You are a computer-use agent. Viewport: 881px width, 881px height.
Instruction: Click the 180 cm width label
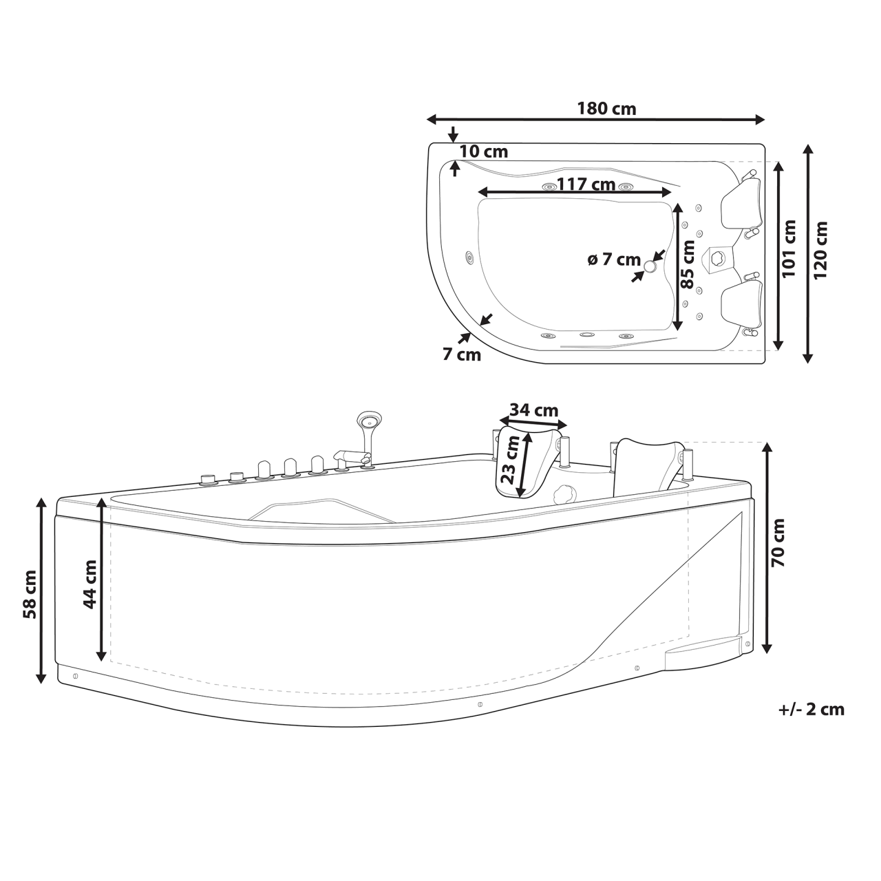tap(606, 109)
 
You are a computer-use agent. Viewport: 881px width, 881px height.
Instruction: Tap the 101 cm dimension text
tap(789, 248)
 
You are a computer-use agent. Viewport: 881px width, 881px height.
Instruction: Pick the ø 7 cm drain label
tap(614, 259)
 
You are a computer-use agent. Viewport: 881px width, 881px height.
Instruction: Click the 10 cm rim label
tap(483, 151)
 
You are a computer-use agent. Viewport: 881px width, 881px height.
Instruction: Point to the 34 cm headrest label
tap(533, 410)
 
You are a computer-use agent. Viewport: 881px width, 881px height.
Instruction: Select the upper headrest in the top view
tap(742, 205)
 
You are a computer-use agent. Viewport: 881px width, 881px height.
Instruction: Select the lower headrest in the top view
tap(743, 304)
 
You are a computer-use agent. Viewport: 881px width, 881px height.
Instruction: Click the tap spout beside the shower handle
tap(348, 455)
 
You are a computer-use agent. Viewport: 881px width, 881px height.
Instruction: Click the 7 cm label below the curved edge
tap(461, 354)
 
